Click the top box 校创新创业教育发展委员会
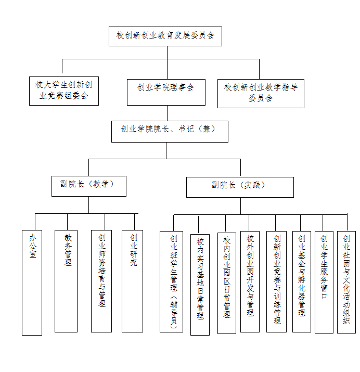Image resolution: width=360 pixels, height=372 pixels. coord(165,36)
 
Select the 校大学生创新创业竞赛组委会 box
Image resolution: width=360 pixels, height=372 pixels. coord(63,91)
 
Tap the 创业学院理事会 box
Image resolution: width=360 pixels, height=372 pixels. coord(166,88)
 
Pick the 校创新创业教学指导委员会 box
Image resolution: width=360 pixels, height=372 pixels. coord(260,93)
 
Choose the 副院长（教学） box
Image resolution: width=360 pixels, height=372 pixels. coord(88,185)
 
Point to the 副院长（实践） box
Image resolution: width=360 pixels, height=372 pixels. coord(240,186)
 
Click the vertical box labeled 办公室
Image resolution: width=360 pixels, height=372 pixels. coord(32,281)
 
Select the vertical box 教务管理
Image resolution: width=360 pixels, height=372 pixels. coord(66,280)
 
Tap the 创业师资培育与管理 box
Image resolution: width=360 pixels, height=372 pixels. coord(101,280)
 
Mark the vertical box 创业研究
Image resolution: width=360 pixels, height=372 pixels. coord(132,280)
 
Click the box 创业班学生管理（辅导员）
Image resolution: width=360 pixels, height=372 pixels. coord(171,281)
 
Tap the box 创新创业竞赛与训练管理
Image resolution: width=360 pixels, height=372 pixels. coord(276,281)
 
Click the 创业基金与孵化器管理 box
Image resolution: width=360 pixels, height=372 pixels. coord(301,281)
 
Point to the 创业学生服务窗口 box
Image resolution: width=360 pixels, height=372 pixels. coord(324,281)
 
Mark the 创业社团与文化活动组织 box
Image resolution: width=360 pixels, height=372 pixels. coord(346,281)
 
